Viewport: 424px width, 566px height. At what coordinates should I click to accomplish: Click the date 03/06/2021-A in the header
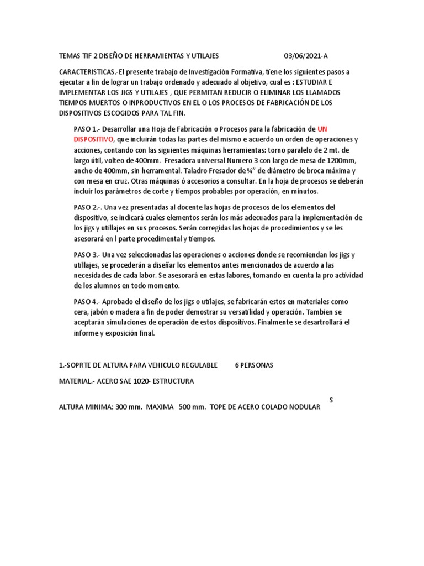(x=309, y=56)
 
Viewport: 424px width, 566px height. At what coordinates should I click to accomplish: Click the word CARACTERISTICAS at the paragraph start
(x=92, y=72)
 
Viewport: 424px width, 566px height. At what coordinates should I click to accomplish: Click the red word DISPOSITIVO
(x=94, y=138)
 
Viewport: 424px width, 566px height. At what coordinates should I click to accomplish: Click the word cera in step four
(x=80, y=312)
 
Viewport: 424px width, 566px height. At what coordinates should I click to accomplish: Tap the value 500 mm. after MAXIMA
(x=191, y=407)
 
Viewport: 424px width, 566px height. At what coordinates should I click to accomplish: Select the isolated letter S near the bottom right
(x=331, y=399)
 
